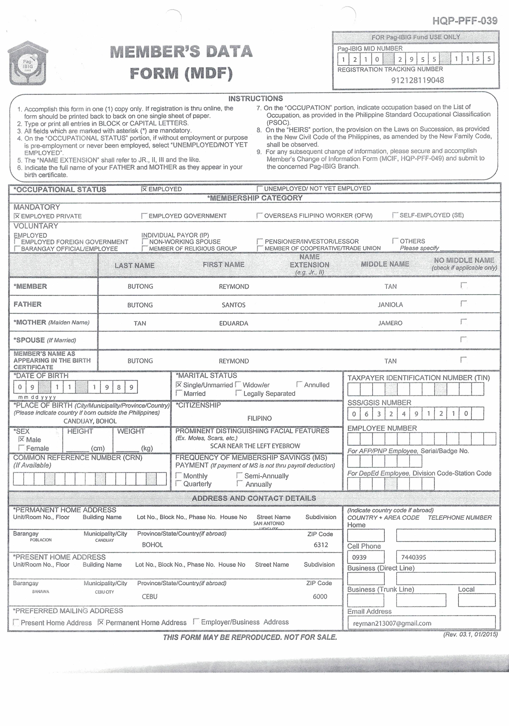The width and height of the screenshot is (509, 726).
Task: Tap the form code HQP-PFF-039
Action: [x=465, y=21]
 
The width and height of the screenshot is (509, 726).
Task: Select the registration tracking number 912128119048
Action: [x=417, y=80]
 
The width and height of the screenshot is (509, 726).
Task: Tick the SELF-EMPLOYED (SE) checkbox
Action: [x=395, y=215]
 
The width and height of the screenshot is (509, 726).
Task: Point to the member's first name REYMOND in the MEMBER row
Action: [x=234, y=286]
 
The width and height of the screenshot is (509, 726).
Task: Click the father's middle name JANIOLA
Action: [x=390, y=305]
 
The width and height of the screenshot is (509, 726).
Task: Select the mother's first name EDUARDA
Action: [x=233, y=323]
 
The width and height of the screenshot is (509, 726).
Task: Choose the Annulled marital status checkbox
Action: [x=299, y=384]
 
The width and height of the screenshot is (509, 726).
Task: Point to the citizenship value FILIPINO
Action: [x=259, y=418]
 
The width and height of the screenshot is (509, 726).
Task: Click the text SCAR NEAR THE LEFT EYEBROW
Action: [x=255, y=446]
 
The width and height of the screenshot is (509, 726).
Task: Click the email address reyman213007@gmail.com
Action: [x=392, y=623]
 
